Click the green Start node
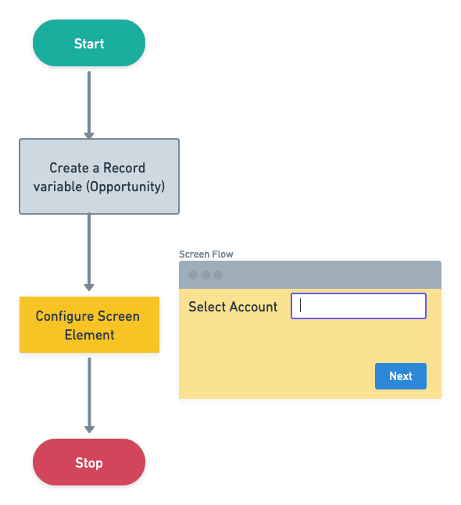[x=89, y=43]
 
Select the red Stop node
[x=89, y=462]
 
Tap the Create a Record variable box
[x=99, y=176]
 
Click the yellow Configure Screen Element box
[x=89, y=325]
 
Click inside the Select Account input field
[x=359, y=306]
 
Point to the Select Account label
[x=233, y=307]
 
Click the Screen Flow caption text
[x=206, y=254]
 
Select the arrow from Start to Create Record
[x=89, y=105]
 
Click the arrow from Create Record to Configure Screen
[x=89, y=252]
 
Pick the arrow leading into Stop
[x=89, y=395]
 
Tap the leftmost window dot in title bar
[x=193, y=275]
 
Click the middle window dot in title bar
[x=205, y=275]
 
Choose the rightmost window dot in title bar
[x=218, y=275]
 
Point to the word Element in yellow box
[x=90, y=335]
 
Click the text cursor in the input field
[x=301, y=305]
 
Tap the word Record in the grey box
[x=124, y=168]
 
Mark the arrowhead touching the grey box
[x=89, y=136]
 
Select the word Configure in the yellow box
[x=65, y=317]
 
